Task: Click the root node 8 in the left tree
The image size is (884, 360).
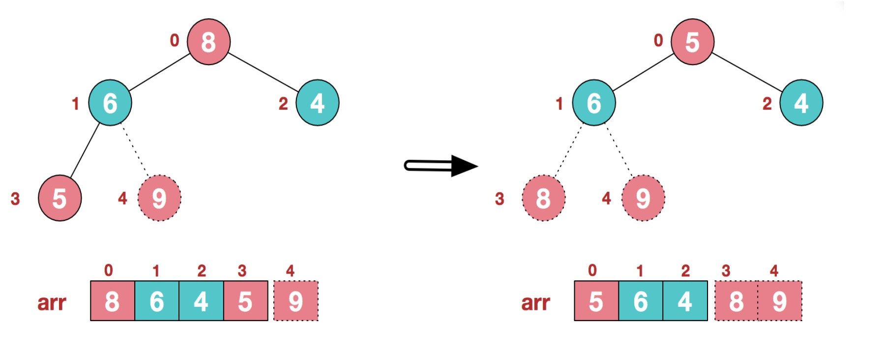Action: [208, 42]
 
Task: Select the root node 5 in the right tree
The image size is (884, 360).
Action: [692, 42]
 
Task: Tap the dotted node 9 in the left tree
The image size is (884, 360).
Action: [159, 198]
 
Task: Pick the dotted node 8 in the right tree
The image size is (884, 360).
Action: [543, 198]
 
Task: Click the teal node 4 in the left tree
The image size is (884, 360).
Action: [317, 103]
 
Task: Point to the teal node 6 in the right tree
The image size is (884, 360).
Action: [594, 103]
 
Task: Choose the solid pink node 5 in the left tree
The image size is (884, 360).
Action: [59, 198]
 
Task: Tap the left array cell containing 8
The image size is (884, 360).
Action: [113, 301]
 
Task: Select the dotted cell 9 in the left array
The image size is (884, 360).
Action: [295, 301]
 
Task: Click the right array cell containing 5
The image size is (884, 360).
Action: [596, 301]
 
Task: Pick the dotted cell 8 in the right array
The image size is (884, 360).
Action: [736, 301]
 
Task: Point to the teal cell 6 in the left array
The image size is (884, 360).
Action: [157, 301]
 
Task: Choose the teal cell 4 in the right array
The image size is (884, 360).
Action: [685, 301]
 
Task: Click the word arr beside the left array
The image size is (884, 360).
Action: [52, 302]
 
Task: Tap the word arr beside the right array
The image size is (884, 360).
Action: [535, 302]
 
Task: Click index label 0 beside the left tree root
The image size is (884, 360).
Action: [175, 40]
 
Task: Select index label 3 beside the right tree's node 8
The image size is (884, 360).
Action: [500, 199]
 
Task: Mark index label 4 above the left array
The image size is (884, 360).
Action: [290, 270]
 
